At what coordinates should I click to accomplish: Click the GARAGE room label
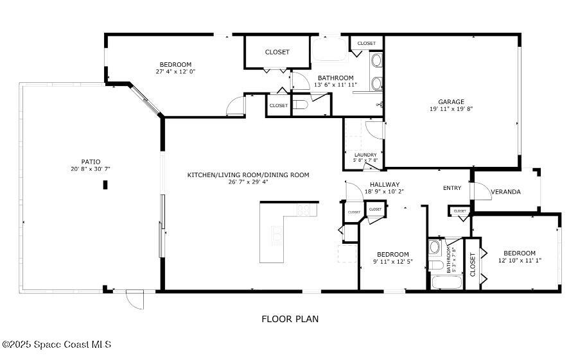pos(451,102)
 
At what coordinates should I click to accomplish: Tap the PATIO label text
pos(91,162)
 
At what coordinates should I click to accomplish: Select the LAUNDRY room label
pos(365,155)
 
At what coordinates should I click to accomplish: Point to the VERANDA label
pos(505,192)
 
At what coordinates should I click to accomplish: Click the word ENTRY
pos(452,188)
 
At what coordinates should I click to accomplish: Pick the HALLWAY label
pos(385,185)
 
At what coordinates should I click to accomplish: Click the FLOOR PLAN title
pos(290,319)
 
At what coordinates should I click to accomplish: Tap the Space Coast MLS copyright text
pos(57,345)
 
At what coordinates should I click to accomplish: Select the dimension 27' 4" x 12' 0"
pos(175,71)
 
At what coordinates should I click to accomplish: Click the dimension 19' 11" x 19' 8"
pos(451,108)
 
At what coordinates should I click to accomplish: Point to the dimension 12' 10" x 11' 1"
pos(520,260)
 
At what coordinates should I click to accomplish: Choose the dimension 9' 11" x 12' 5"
pos(393,261)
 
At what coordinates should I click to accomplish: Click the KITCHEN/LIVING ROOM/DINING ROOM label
pos(248,175)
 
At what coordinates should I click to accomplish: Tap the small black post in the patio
pos(105,185)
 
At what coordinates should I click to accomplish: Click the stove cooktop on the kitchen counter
pos(303,210)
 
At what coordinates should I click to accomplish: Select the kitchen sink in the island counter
pos(277,236)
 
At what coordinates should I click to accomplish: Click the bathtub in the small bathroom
pos(447,282)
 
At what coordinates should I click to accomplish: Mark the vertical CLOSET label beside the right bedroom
pos(473,264)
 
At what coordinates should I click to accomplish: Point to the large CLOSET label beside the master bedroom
pos(277,52)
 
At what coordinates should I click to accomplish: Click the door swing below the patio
pos(135,300)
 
